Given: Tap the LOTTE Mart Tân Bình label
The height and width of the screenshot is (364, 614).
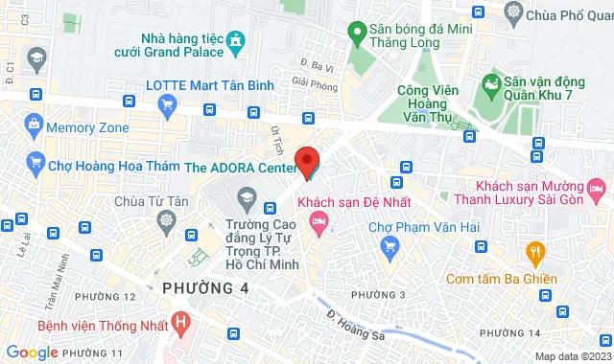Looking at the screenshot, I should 208,85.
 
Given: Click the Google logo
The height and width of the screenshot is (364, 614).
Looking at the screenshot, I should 32,352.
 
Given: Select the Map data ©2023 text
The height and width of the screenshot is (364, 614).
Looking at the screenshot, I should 572,356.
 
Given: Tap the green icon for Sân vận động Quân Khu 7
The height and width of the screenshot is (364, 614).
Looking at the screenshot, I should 493,85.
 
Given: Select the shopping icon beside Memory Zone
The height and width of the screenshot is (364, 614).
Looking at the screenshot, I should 35,125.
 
